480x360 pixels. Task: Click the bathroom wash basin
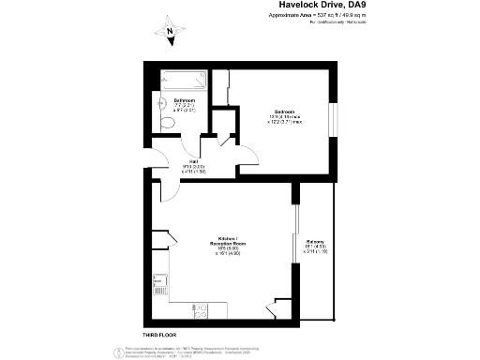[166, 105]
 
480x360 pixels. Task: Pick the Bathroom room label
[185, 100]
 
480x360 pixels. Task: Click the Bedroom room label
[284, 112]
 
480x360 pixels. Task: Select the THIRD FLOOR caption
[160, 335]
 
